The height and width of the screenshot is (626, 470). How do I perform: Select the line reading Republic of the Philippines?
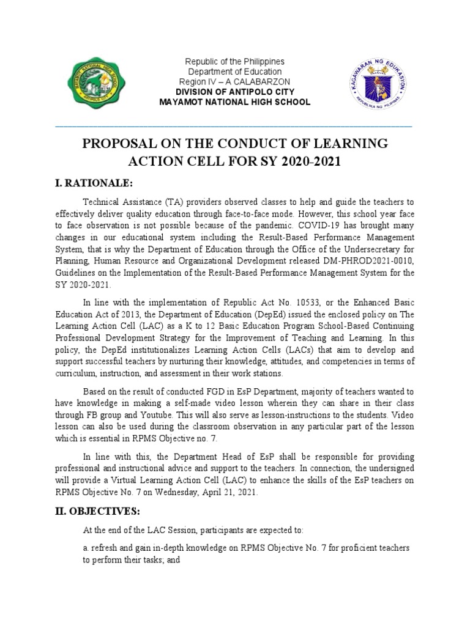(x=236, y=62)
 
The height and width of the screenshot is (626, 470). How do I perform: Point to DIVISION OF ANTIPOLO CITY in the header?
(x=236, y=92)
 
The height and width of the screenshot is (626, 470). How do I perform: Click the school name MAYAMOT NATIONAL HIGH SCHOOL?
(x=236, y=102)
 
